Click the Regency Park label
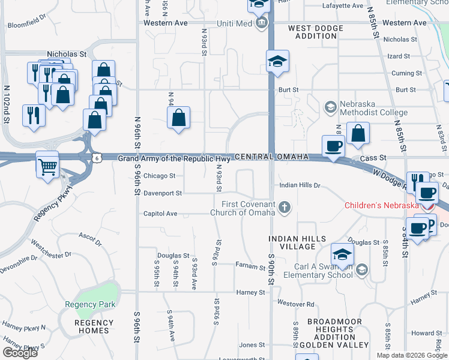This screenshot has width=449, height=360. point(90,304)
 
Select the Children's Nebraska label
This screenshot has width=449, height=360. point(381,205)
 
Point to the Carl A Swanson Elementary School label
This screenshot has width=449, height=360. point(323,271)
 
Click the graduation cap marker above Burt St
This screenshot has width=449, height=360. point(277,62)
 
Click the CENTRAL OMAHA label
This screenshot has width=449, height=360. point(271,157)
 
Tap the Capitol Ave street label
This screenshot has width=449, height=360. point(160,213)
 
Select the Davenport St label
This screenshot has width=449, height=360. point(162,193)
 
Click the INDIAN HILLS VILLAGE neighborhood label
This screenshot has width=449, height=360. point(292,242)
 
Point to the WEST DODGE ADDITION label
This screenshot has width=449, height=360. point(316,32)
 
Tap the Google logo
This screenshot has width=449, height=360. point(20,353)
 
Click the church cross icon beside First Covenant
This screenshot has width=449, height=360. point(285,208)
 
